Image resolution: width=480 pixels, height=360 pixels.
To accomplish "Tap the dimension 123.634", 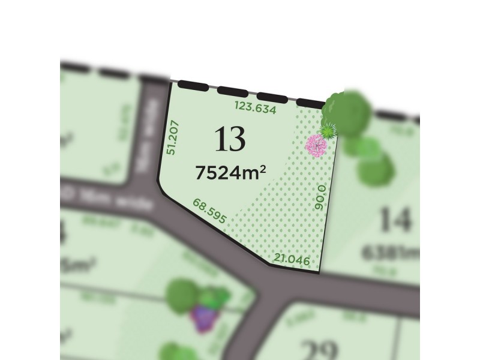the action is (256, 109).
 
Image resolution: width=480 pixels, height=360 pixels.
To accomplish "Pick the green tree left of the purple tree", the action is (179, 295).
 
